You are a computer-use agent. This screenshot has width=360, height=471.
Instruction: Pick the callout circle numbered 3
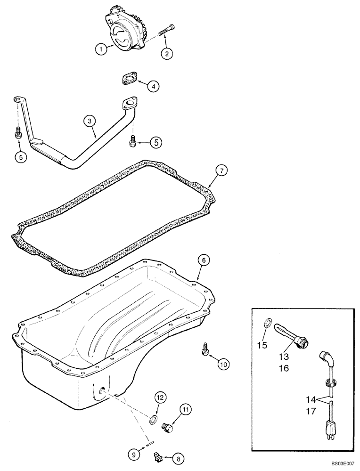click(x=90, y=121)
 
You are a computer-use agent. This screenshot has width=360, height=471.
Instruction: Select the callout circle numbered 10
click(x=223, y=363)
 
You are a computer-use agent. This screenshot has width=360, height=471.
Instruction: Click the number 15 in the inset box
click(x=262, y=345)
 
